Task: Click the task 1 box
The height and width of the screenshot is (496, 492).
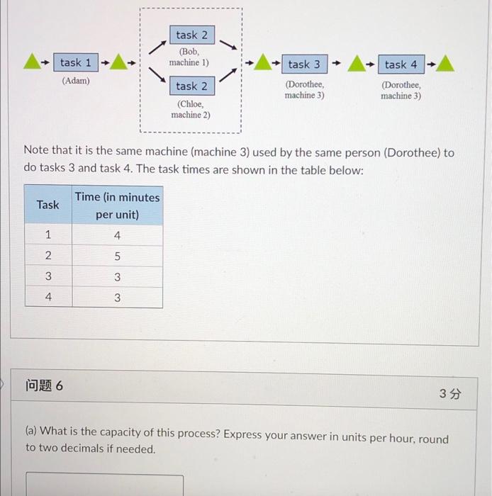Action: (x=75, y=63)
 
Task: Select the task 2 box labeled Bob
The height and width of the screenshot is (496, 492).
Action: (x=191, y=35)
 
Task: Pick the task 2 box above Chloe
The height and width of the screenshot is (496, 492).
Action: (x=191, y=86)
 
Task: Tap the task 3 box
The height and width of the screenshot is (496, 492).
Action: (x=303, y=64)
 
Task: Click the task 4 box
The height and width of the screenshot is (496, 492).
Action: (x=401, y=64)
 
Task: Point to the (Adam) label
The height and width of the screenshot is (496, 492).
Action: (x=76, y=81)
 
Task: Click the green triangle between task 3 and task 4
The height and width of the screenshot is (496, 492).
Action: (x=357, y=64)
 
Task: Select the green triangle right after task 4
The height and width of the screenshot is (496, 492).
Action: (x=445, y=64)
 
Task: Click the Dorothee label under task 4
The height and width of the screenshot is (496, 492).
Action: (x=401, y=90)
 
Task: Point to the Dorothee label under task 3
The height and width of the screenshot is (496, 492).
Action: (x=304, y=90)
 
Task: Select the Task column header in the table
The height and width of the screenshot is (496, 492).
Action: (x=47, y=205)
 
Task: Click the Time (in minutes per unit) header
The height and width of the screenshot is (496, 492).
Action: (x=117, y=205)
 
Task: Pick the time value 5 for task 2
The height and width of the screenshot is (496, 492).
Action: (x=117, y=257)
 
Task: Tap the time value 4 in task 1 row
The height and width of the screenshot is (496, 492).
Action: (x=117, y=235)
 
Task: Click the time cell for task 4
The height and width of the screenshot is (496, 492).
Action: (x=117, y=298)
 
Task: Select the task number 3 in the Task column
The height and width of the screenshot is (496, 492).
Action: (x=47, y=277)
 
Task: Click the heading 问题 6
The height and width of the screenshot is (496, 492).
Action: (x=44, y=386)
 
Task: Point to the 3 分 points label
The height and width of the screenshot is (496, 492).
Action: (x=449, y=394)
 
